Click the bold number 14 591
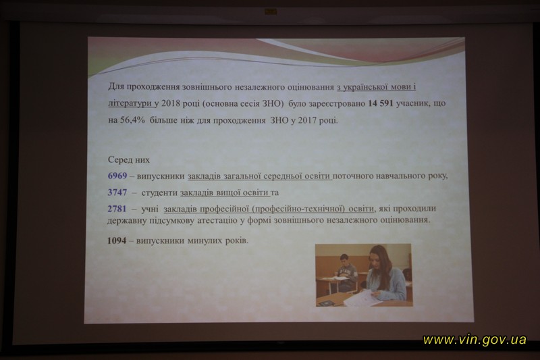tap(381, 103)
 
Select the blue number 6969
tap(117, 176)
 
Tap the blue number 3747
tap(117, 192)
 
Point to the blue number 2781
tap(117, 209)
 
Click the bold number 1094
tap(117, 240)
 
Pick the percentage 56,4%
tap(132, 120)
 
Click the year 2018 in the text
tap(171, 103)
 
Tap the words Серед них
tap(129, 159)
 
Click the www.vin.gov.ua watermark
tap(475, 340)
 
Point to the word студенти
tap(159, 192)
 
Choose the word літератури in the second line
tap(130, 103)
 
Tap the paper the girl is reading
tap(360, 298)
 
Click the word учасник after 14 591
tap(411, 103)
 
